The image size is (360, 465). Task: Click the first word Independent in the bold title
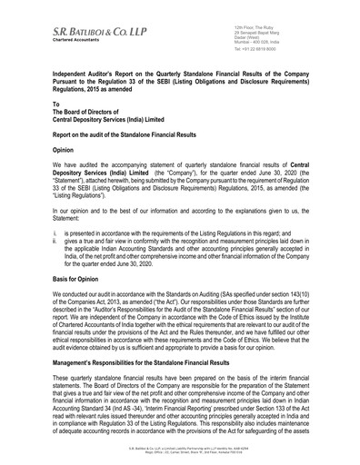78,70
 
